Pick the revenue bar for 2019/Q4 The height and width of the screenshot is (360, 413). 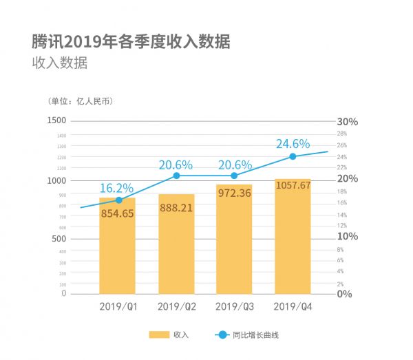(x=293, y=248)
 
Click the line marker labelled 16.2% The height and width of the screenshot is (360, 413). (x=118, y=200)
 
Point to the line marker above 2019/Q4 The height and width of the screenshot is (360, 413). (x=293, y=156)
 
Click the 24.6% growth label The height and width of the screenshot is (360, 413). (x=293, y=144)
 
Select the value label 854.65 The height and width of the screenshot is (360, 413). (x=117, y=213)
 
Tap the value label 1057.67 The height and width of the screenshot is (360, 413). (x=293, y=185)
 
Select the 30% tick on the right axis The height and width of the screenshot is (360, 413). (x=348, y=121)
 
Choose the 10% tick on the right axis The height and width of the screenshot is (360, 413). (x=348, y=236)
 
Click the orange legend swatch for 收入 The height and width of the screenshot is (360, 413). (x=159, y=335)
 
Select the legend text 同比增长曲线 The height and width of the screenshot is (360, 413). (x=255, y=335)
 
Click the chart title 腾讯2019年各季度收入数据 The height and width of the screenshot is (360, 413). (x=131, y=41)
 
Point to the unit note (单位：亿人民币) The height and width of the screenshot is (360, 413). (x=81, y=101)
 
